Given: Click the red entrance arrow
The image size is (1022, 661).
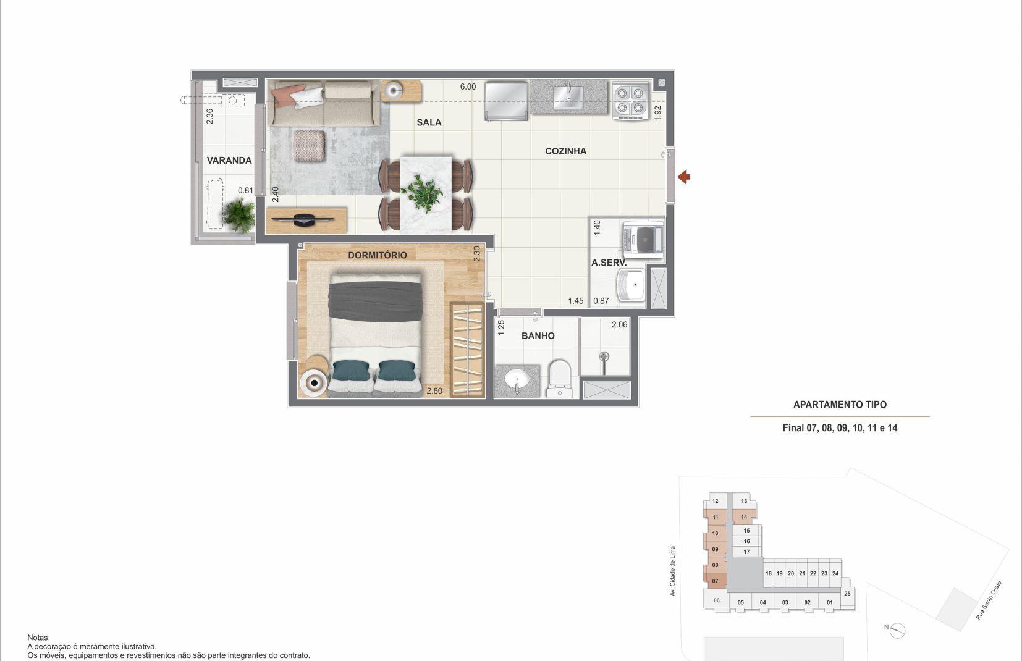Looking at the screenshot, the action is pos(684,177).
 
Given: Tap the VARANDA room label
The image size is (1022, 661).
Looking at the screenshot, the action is pos(229,160).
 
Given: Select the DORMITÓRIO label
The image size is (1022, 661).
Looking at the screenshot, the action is pos(378,255).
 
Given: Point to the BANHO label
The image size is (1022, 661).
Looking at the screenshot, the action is pos(538,335).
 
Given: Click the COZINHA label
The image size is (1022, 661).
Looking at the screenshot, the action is pos(566,151).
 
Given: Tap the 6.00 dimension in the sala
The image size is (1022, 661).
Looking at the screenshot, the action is pos(468,86).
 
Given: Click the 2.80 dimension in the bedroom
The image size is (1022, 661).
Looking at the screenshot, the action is pos(434,390).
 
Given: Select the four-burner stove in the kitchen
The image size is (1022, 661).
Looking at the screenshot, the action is pos(630,101).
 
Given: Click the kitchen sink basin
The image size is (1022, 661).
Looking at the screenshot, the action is pos(568,98).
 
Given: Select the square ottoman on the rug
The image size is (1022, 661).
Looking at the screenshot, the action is pos(310,146).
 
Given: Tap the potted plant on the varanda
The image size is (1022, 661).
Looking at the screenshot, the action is pos(239,214).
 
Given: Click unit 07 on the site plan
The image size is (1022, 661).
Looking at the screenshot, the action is pos(715,581).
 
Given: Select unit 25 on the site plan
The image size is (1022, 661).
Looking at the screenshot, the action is pos(847,594).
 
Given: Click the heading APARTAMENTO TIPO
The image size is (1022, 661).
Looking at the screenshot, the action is pos(840,405).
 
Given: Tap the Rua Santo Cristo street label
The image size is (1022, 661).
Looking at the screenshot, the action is pos(989,600).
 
